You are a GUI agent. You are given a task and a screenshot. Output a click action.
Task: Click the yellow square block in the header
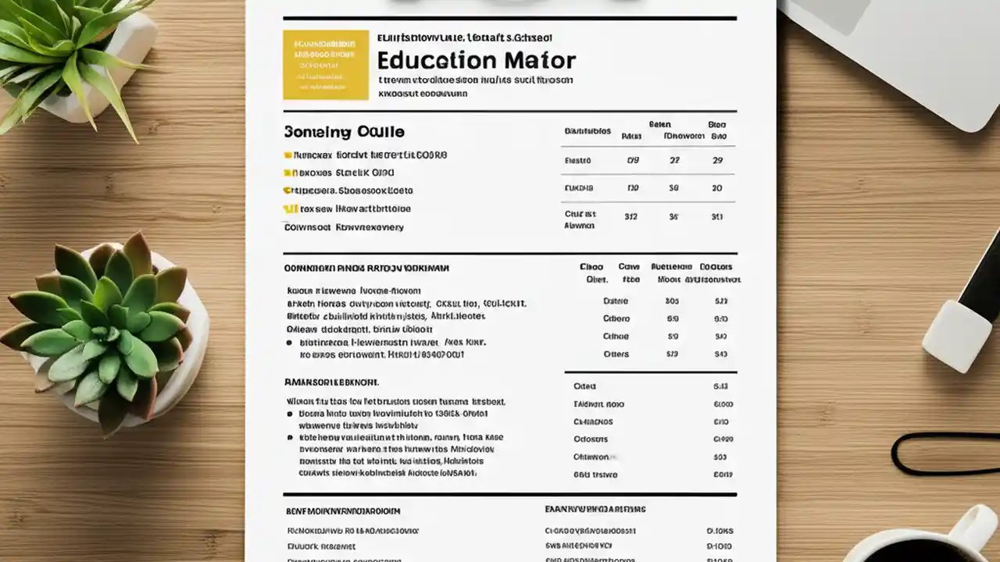tap(326, 65)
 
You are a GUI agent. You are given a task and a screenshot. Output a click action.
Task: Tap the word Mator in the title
tap(539, 61)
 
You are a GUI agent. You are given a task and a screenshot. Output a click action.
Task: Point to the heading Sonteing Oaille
tap(344, 132)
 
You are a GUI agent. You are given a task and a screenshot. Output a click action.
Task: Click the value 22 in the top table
tap(673, 161)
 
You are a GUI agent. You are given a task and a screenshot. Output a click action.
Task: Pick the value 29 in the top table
tap(717, 161)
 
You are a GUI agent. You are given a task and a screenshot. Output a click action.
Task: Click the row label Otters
tap(616, 354)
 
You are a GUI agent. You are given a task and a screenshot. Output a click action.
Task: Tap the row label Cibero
tap(616, 318)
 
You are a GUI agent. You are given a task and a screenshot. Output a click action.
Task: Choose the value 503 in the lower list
tap(720, 457)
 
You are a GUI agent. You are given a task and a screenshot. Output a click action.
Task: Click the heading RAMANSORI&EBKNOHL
tap(331, 383)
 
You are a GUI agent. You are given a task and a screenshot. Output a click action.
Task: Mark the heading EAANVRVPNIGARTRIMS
tap(595, 510)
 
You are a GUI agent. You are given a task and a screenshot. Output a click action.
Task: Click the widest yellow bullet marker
tap(290, 209)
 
